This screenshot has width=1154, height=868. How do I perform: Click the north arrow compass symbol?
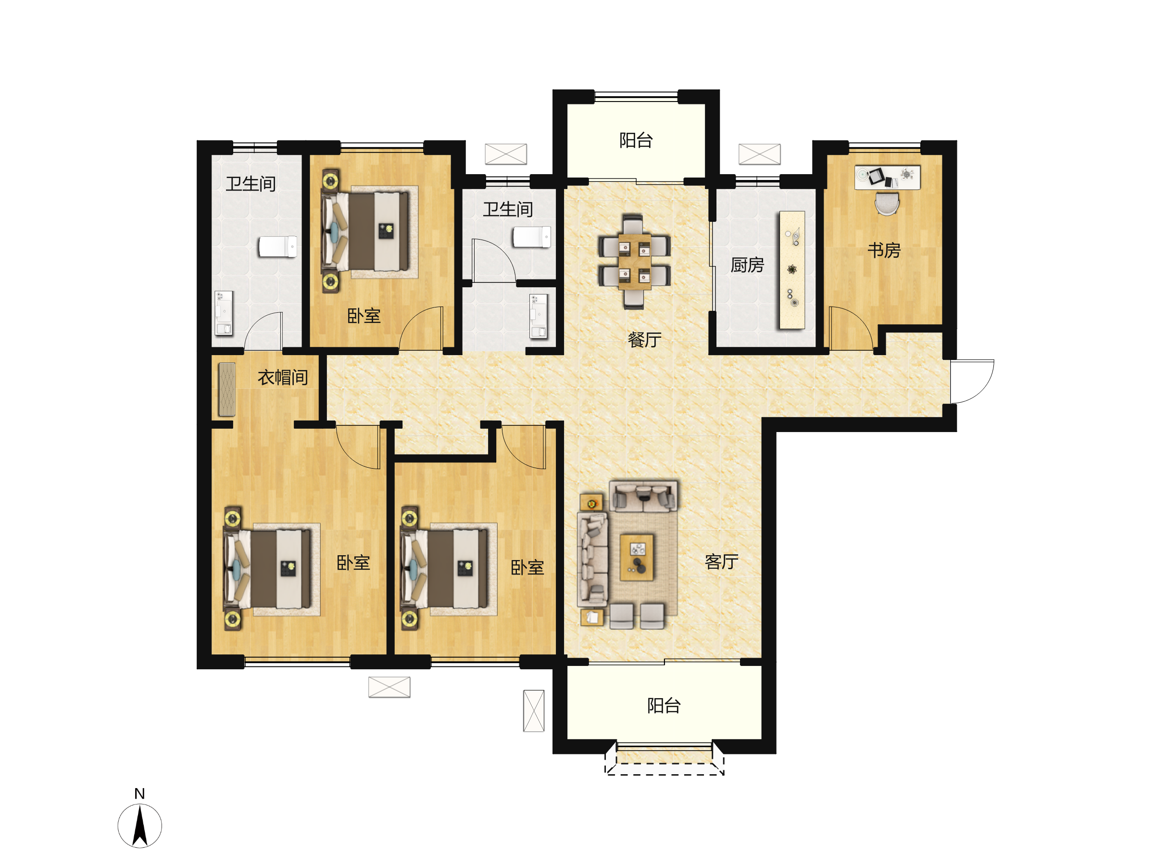point(140,826)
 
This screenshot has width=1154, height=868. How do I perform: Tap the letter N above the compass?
point(139,794)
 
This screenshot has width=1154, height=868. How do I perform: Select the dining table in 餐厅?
point(634,261)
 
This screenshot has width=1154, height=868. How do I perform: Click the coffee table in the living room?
point(637,557)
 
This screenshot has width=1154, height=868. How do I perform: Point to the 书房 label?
point(884,251)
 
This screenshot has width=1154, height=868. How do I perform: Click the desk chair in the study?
point(887,204)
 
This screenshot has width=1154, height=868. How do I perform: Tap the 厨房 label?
point(747,265)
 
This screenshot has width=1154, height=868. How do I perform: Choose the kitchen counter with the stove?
point(792,270)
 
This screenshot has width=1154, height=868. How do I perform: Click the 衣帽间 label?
point(283,377)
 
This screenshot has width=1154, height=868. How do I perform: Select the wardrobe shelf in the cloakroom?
point(227,389)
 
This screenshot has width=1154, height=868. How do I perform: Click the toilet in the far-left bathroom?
point(278,246)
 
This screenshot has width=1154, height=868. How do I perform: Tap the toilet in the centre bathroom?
point(532,237)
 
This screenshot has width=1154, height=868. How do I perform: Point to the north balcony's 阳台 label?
point(636,140)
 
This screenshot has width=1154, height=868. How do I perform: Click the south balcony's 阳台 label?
point(664,706)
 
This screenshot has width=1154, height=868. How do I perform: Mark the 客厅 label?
point(722,562)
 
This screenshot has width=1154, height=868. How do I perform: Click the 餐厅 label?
point(645,340)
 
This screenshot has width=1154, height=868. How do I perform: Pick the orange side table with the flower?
point(591,504)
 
